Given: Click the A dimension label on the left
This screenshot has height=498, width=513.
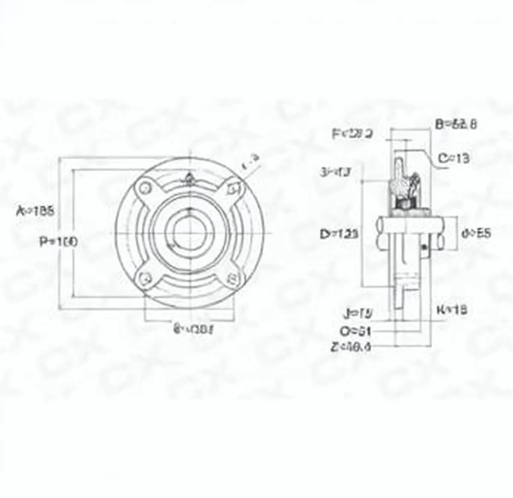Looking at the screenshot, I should (x=35, y=211).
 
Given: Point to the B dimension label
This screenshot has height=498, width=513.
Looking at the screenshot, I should (x=456, y=124).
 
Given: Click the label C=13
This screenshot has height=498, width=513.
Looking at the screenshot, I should (x=454, y=159).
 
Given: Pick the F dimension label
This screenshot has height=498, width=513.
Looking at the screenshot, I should (x=353, y=134).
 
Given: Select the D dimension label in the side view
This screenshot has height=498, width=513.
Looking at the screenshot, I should (x=339, y=234).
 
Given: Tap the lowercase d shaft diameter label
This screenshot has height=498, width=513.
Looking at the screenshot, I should (x=476, y=233).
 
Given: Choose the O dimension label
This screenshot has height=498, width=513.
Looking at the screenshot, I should (x=355, y=331).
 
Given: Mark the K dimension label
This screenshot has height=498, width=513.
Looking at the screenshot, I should (x=451, y=309).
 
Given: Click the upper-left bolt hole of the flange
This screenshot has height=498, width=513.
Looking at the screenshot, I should (x=145, y=188).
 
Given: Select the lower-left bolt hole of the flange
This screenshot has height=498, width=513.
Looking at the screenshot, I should (x=146, y=278).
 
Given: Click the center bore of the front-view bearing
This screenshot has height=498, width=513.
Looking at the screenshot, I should (x=189, y=233).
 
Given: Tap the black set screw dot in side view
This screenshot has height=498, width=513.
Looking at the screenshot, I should (x=424, y=248).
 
